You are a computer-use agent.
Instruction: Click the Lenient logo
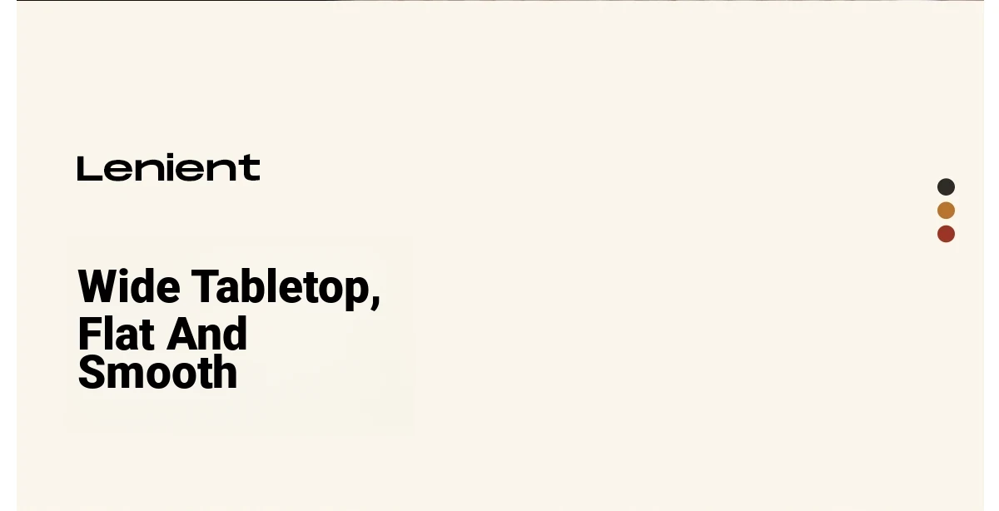(x=168, y=167)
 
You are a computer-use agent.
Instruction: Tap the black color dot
(x=946, y=186)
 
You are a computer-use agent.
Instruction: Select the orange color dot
(x=946, y=211)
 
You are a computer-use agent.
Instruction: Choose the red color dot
(x=946, y=234)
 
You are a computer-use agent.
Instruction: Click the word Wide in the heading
(x=129, y=286)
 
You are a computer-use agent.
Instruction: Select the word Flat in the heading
(x=116, y=334)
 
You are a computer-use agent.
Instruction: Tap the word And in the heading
(x=208, y=333)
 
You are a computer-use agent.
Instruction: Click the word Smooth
(x=157, y=372)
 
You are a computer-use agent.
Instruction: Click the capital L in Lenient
(x=90, y=169)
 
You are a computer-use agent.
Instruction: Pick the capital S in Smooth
(x=91, y=372)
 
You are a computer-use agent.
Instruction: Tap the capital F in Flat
(x=89, y=334)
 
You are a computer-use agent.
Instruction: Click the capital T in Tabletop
(x=203, y=286)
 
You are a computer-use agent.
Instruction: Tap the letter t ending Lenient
(x=251, y=168)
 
